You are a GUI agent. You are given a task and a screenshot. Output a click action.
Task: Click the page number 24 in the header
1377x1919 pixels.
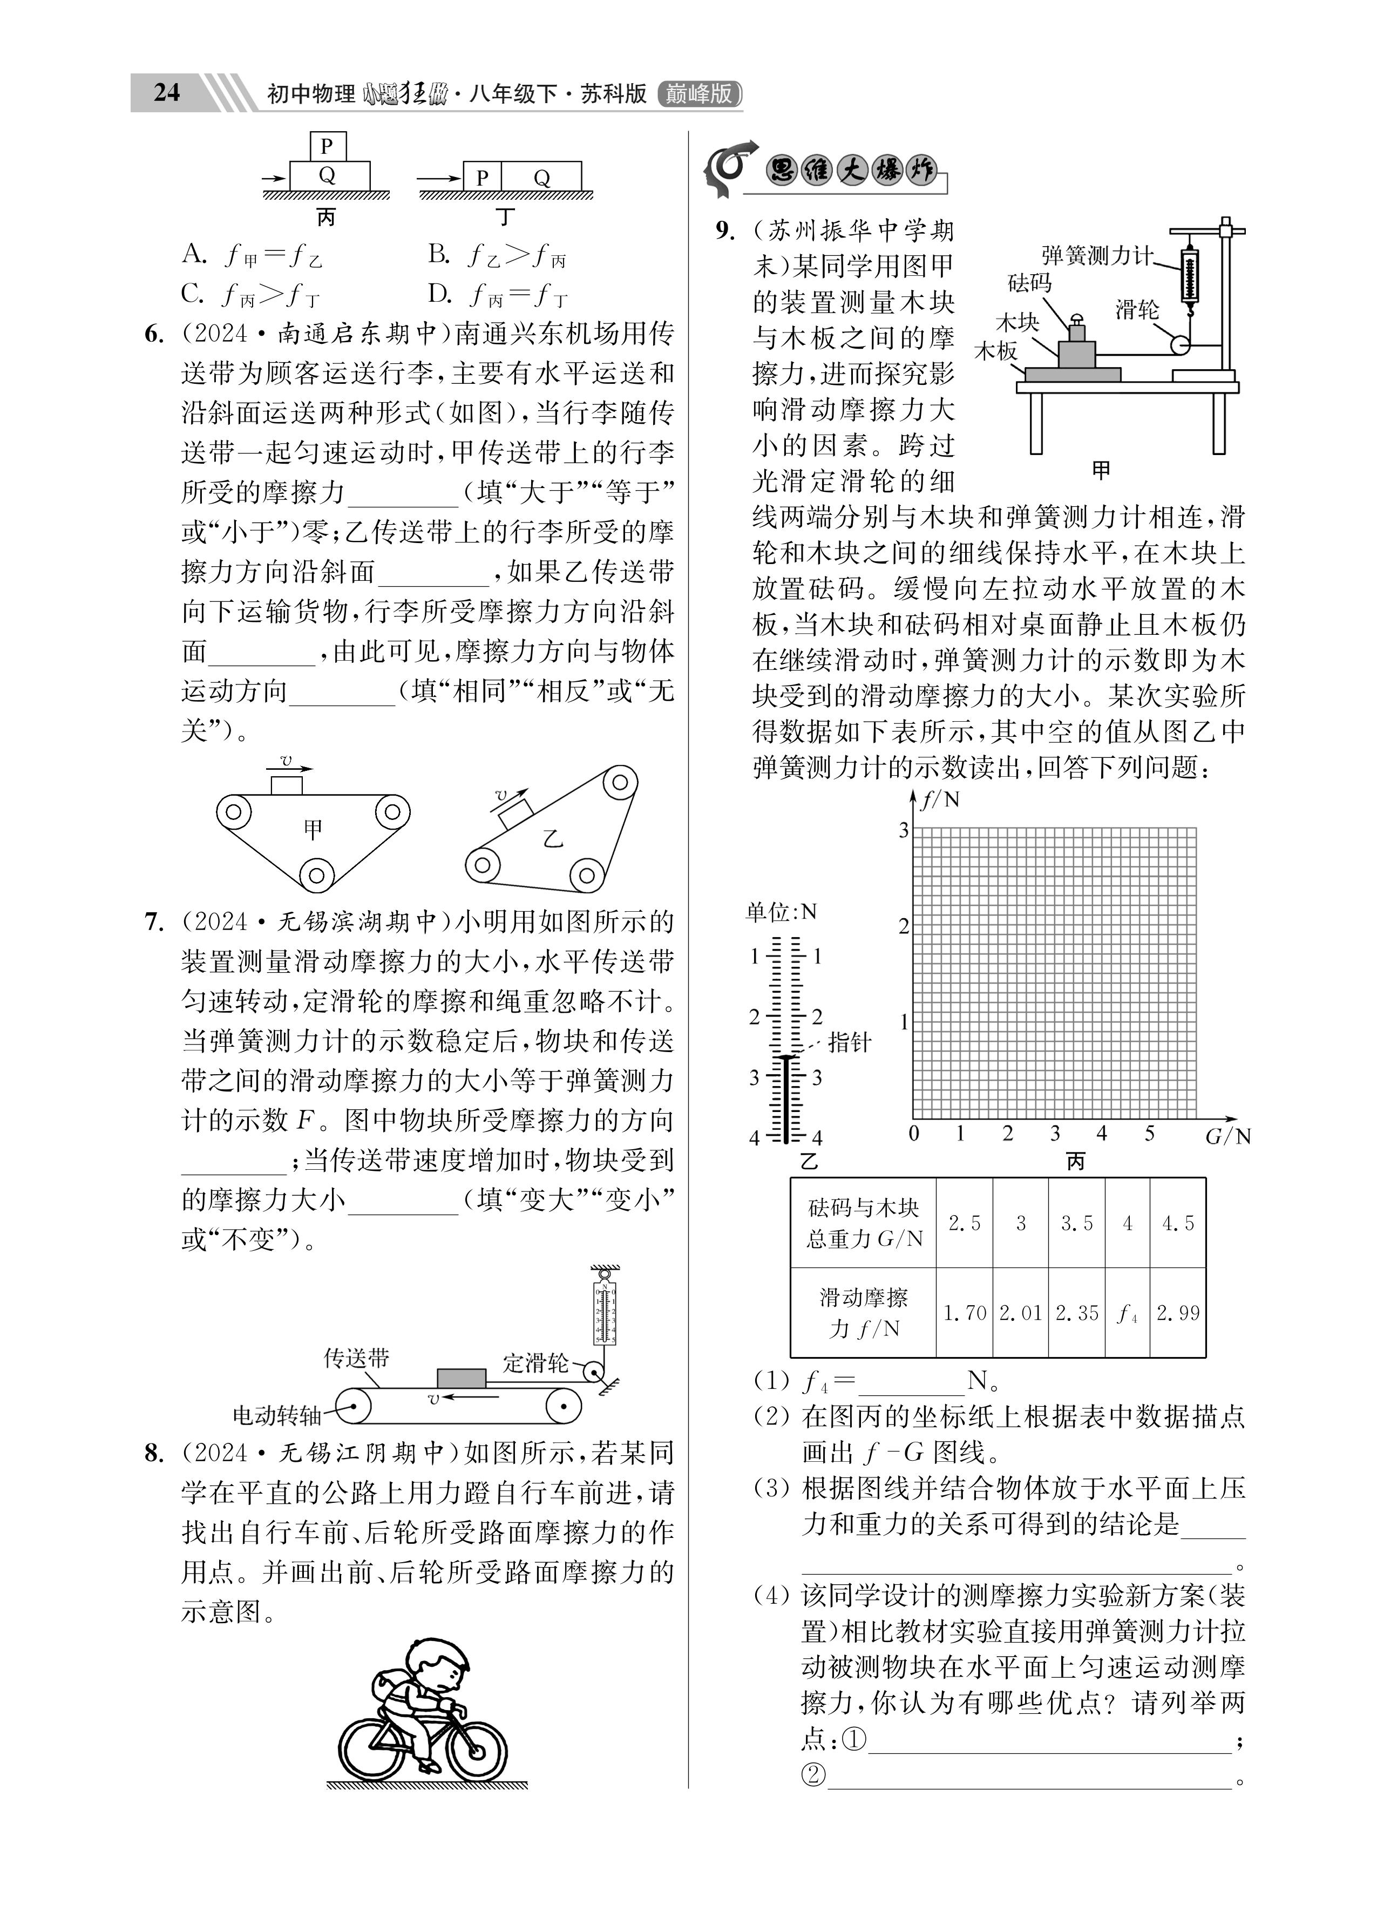[167, 92]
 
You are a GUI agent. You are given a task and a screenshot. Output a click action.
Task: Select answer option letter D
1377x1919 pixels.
[438, 294]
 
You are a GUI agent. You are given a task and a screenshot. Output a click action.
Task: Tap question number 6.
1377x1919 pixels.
[153, 334]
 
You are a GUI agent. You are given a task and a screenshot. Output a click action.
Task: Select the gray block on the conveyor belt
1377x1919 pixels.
[462, 1378]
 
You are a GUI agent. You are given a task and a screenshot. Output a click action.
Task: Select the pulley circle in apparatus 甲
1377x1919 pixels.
[1179, 344]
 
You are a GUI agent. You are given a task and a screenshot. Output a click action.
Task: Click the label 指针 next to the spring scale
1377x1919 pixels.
[849, 1042]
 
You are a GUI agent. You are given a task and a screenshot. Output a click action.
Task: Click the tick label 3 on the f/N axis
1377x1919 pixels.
[903, 831]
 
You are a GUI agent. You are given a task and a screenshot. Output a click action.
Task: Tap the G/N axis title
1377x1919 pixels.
[1227, 1136]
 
